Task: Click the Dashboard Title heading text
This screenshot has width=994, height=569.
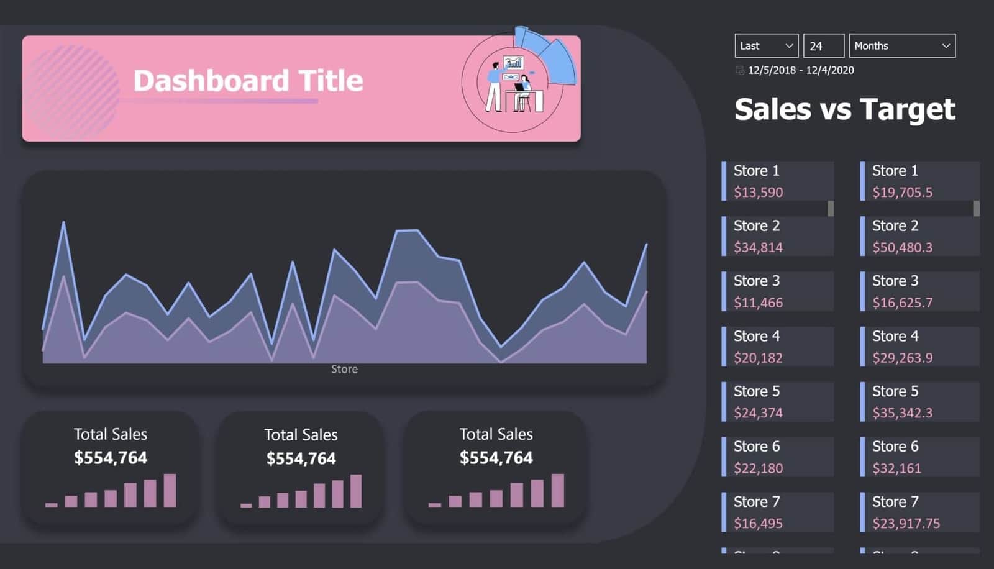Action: (x=248, y=81)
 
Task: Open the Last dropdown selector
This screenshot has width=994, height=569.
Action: (x=766, y=46)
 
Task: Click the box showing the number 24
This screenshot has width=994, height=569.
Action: (x=823, y=46)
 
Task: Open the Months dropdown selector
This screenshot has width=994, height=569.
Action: (x=901, y=46)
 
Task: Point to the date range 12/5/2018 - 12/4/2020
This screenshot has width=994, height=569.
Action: (x=800, y=70)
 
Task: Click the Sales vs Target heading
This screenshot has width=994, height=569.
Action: (x=844, y=109)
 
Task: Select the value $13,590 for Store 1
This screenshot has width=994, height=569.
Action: (x=758, y=193)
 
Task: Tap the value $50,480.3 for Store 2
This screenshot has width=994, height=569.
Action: (x=902, y=248)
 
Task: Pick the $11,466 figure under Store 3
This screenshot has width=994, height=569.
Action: (x=758, y=303)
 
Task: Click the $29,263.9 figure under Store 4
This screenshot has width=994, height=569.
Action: (x=902, y=358)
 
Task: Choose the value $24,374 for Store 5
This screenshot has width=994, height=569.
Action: (x=758, y=413)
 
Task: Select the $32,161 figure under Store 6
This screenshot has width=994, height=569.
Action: (x=896, y=468)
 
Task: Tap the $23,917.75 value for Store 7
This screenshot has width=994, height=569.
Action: (x=906, y=524)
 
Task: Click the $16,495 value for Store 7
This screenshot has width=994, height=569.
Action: (x=758, y=524)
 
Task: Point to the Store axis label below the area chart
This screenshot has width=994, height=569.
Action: (x=344, y=369)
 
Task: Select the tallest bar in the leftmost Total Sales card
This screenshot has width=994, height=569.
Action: (x=170, y=491)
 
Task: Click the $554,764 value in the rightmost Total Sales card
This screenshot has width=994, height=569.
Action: (x=496, y=458)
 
